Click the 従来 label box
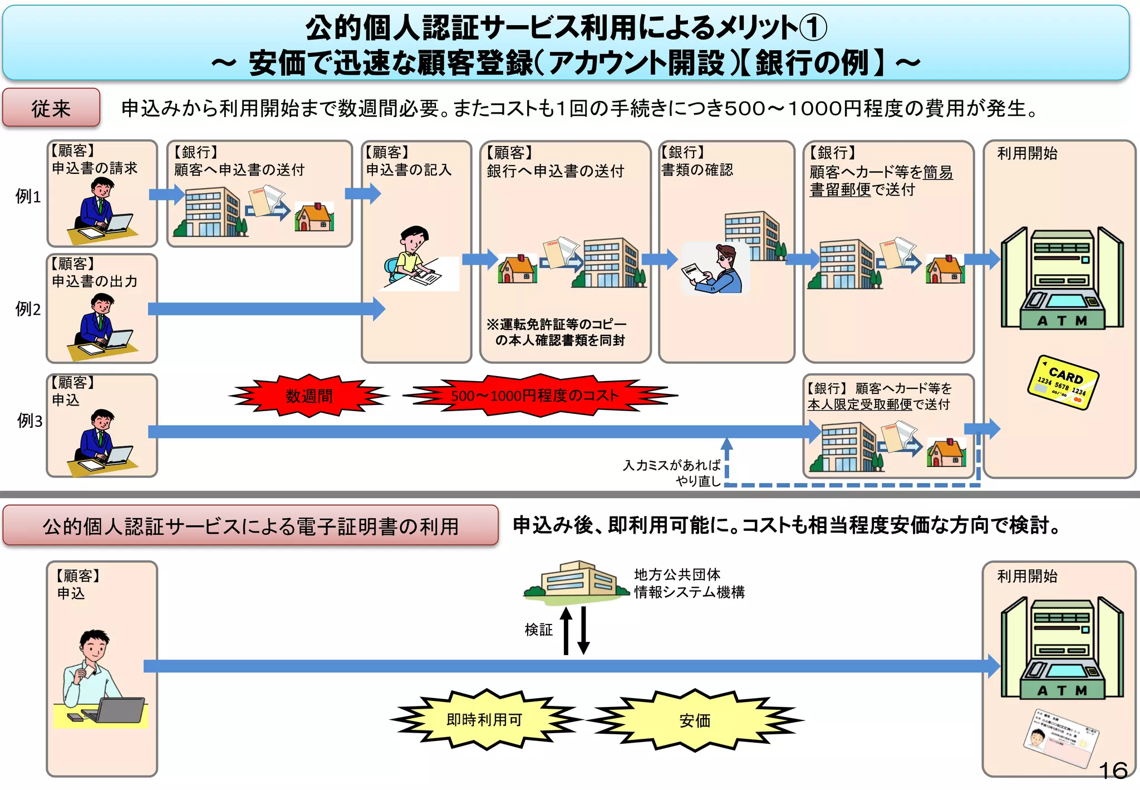point(51,108)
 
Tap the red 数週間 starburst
point(309,396)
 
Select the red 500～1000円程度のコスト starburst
point(535,396)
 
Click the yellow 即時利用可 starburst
point(485,720)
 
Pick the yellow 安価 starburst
point(695,720)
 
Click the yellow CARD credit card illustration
point(1063,382)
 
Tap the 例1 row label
point(28,196)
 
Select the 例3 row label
point(30,421)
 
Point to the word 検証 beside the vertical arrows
point(538,630)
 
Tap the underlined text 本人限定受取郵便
point(859,404)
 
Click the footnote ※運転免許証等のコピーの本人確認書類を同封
point(557,332)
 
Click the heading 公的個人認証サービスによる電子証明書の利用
point(250,525)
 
